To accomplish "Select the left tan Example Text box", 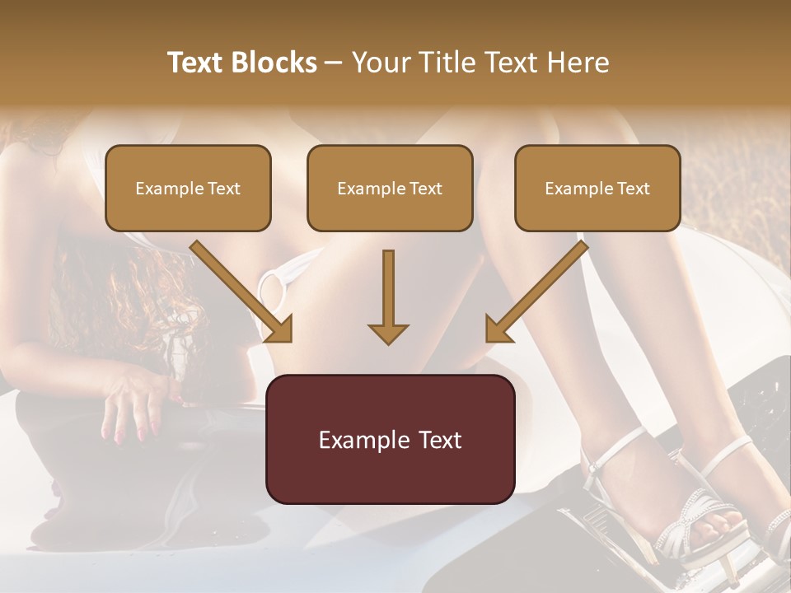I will click(x=188, y=188).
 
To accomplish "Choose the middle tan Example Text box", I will click(x=390, y=188).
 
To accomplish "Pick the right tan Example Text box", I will click(x=597, y=188).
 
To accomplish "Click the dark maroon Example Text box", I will click(x=390, y=439).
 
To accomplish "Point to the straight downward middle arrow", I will click(x=388, y=296).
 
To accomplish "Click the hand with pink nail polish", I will click(x=132, y=404).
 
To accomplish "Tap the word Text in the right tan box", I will click(x=633, y=188).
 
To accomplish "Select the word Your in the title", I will click(x=378, y=63).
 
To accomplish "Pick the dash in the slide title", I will click(x=334, y=63).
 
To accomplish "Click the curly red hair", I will click(x=165, y=296).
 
